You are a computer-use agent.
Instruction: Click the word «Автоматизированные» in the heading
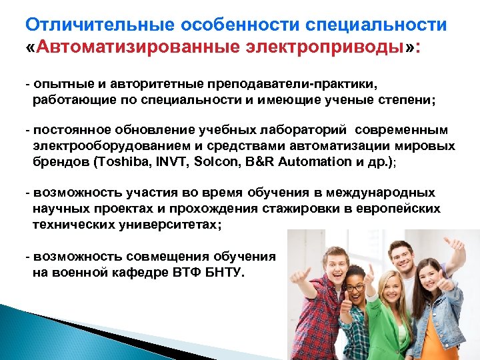(127, 49)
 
